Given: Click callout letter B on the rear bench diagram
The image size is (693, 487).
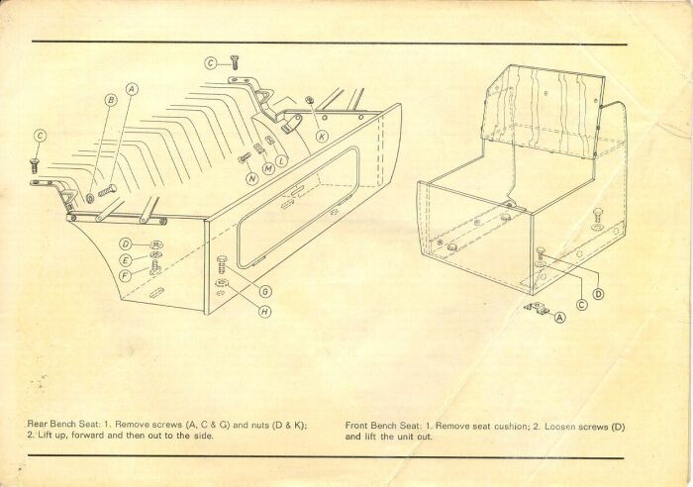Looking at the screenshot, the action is [x=111, y=100].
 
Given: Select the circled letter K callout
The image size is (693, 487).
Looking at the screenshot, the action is [x=322, y=137].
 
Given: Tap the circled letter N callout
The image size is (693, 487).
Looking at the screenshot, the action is [x=252, y=179].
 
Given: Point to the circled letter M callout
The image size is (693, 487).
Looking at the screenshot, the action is [x=268, y=168].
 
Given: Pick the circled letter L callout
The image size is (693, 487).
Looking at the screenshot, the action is [x=281, y=160].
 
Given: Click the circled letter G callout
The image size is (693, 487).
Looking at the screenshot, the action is [x=265, y=292].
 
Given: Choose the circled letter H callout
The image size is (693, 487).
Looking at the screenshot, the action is [x=264, y=312].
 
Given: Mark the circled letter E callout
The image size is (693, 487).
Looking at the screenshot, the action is [x=126, y=260].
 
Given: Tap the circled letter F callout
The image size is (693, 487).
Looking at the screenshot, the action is [x=126, y=276].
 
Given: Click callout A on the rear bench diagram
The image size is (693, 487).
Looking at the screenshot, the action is [x=132, y=90].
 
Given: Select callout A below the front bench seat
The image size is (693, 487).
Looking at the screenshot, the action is [x=560, y=317].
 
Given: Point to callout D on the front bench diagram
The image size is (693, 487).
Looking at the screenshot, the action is [x=598, y=294].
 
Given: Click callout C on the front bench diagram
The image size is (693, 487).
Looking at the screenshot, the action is [x=582, y=305].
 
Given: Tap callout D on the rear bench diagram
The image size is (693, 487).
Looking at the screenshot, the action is [x=126, y=243].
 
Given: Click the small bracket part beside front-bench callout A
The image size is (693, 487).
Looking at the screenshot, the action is [x=537, y=308].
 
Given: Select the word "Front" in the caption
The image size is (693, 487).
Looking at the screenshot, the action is [x=355, y=426].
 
